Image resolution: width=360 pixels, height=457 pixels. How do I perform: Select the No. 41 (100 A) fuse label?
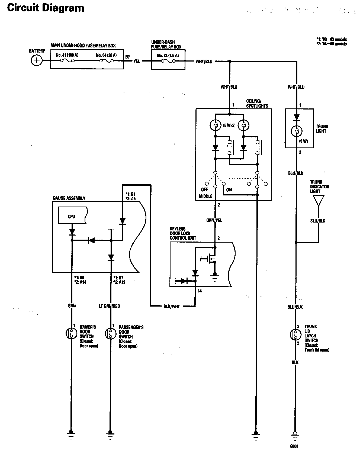67,55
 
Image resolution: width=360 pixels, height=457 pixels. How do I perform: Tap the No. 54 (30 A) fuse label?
106,55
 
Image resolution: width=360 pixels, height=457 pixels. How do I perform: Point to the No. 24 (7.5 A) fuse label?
168,55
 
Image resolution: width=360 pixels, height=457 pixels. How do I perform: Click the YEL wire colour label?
137,61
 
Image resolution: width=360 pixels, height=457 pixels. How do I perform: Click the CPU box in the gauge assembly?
72,217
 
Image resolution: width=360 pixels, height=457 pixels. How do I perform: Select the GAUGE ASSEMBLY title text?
69,198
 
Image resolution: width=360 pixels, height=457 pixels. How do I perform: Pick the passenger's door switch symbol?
110,333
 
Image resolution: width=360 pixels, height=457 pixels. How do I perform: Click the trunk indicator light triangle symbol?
318,201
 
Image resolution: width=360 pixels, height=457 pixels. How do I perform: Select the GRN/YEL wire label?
214,220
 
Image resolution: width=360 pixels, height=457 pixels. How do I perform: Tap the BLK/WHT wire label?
172,307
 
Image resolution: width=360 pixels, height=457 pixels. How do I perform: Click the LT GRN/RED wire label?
110,306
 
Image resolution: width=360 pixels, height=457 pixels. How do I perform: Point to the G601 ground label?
294,446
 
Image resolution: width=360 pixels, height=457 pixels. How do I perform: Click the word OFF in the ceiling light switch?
204,189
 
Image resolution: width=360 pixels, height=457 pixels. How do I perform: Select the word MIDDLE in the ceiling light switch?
206,196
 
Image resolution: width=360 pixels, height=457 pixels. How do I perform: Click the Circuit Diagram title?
46,8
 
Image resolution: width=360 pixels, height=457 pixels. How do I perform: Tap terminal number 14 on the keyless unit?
200,291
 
